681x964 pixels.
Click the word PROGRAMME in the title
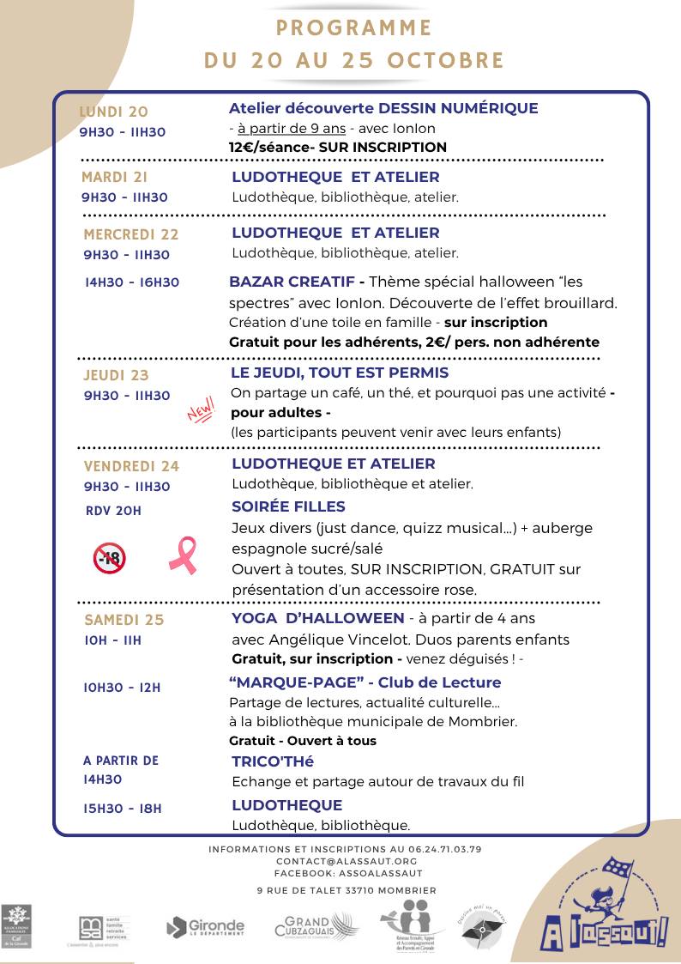point(354,27)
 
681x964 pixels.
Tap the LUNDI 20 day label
point(113,112)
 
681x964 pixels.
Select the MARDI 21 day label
point(114,178)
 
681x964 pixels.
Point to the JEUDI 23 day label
point(116,375)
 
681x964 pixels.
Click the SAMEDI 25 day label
point(124,620)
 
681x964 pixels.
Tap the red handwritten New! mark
point(200,413)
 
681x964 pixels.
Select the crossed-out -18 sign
point(109,559)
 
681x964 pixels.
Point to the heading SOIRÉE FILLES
point(288,506)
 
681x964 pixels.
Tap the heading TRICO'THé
point(273,761)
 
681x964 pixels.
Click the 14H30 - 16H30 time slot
point(132,282)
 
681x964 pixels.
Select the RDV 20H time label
point(113,511)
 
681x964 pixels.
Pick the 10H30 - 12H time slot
point(122,688)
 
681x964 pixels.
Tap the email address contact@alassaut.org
point(347,860)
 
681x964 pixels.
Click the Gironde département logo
point(205,927)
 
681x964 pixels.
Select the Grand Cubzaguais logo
point(312,925)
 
